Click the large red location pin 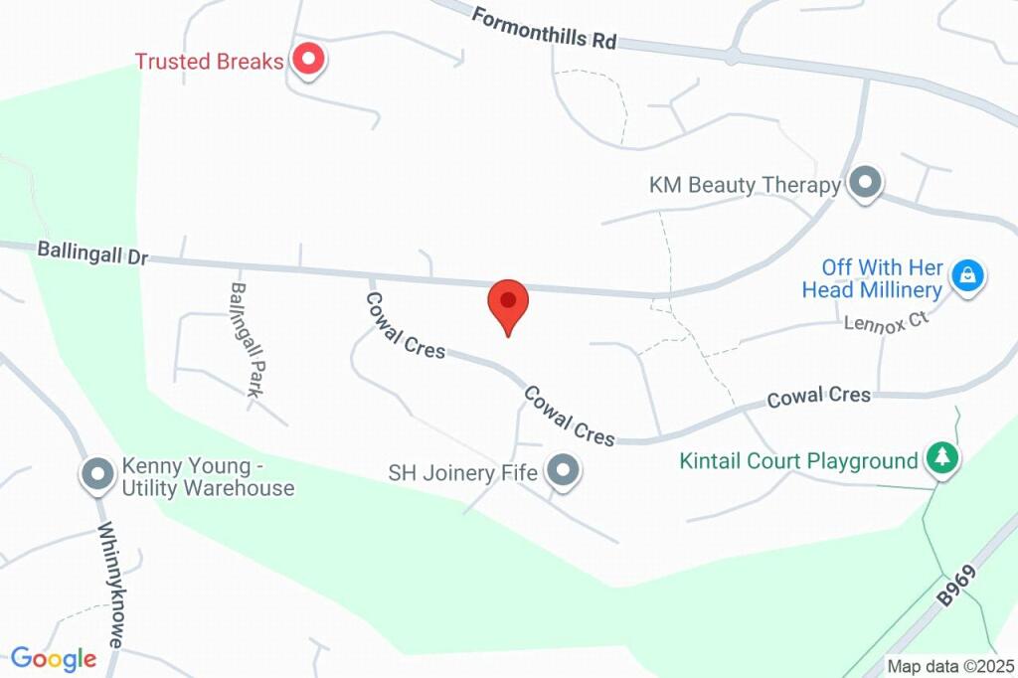pyautogui.click(x=508, y=303)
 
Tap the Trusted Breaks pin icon pyautogui.click(x=308, y=61)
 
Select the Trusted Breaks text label pyautogui.click(x=209, y=62)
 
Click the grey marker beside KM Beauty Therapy pyautogui.click(x=866, y=184)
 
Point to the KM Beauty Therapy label pyautogui.click(x=745, y=185)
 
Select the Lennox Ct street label pyautogui.click(x=885, y=321)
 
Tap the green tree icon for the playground pyautogui.click(x=940, y=458)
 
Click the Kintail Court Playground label pyautogui.click(x=798, y=461)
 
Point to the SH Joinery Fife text pyautogui.click(x=463, y=473)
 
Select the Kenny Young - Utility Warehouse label pyautogui.click(x=207, y=476)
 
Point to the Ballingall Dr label pyautogui.click(x=91, y=253)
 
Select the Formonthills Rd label pyautogui.click(x=544, y=29)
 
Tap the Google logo pyautogui.click(x=54, y=658)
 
